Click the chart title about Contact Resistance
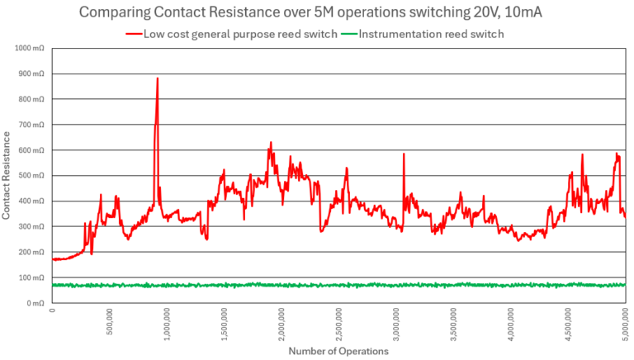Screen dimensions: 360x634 (317, 13)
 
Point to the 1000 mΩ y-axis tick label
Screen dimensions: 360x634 (31, 49)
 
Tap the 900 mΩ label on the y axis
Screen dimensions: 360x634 (33, 74)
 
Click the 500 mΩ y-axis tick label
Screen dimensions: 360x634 (33, 176)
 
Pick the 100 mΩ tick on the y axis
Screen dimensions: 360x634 (33, 277)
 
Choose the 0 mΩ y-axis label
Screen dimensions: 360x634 (36, 303)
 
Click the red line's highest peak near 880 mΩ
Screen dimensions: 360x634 (157, 79)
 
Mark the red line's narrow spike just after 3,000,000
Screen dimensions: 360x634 (404, 154)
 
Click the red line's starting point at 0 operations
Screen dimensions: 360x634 (54, 259)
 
